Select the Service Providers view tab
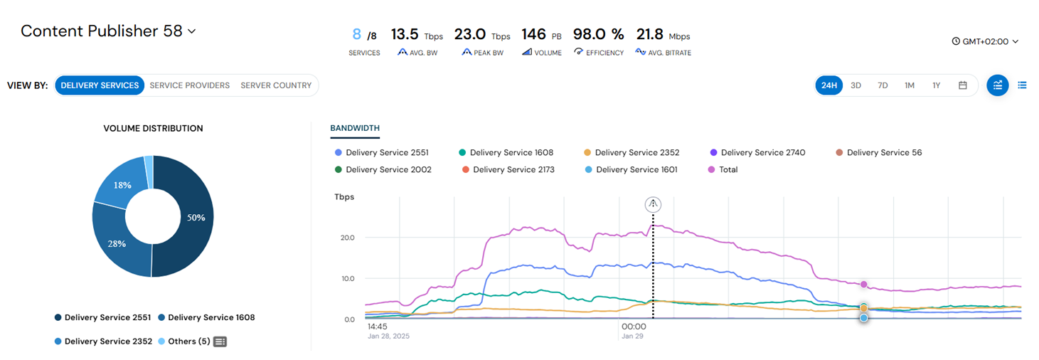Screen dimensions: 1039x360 pyautogui.click(x=189, y=85)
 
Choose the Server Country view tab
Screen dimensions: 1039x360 pyautogui.click(x=276, y=85)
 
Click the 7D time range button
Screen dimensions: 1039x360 pyautogui.click(x=883, y=85)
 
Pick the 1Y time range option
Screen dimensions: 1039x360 pyautogui.click(x=936, y=85)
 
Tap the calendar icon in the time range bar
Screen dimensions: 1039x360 pyautogui.click(x=963, y=85)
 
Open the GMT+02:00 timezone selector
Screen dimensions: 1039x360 pyautogui.click(x=985, y=41)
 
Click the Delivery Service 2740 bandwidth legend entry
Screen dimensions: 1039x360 pyautogui.click(x=757, y=153)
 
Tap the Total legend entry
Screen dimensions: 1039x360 pyautogui.click(x=723, y=170)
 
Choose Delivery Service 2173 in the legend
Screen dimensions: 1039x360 pyautogui.click(x=508, y=170)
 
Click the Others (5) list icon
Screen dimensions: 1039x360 pyautogui.click(x=220, y=342)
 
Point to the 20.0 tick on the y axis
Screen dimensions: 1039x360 pyautogui.click(x=348, y=238)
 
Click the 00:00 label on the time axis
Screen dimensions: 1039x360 pyautogui.click(x=634, y=327)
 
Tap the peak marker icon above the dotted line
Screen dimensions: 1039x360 pyautogui.click(x=653, y=204)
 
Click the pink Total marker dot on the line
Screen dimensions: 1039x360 pyautogui.click(x=863, y=285)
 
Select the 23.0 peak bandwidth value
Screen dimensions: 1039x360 pyautogui.click(x=470, y=34)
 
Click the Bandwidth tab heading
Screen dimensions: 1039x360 pyautogui.click(x=355, y=128)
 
